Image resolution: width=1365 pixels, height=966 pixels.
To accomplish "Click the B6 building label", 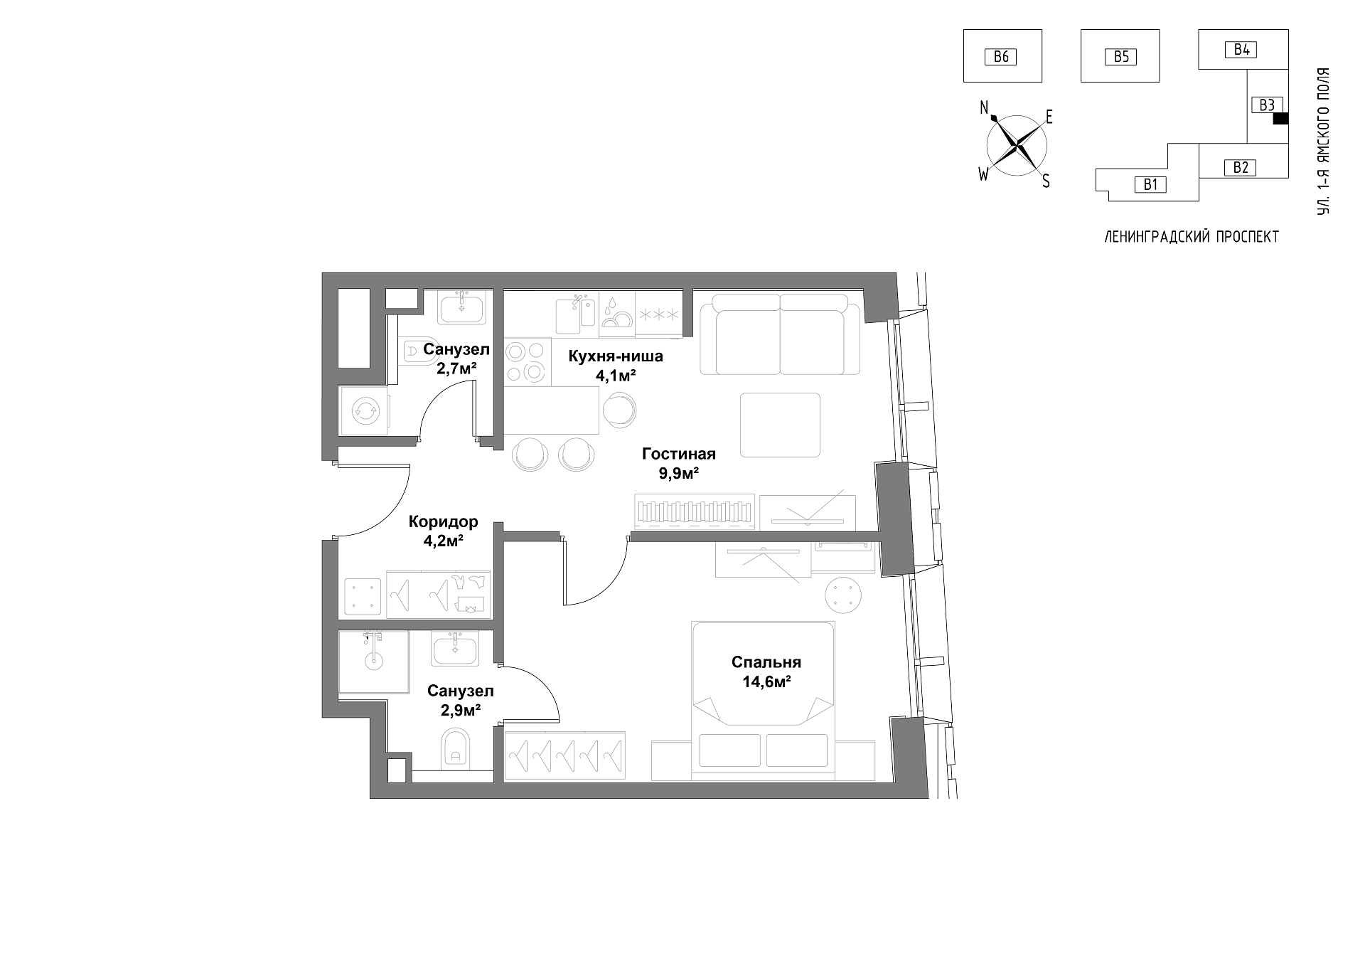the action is pos(1001,56).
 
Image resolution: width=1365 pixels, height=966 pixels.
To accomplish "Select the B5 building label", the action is pos(1121,56).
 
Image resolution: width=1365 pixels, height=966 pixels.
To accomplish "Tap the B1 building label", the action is pos(1151,185).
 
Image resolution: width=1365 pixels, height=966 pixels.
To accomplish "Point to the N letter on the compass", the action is pos(985,107).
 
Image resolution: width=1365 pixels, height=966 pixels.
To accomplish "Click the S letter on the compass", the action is pos(1046,181).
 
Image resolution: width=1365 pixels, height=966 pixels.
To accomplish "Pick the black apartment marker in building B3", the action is pos(1280,120).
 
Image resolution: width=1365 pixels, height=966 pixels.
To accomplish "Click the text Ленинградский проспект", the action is pos(1192,238).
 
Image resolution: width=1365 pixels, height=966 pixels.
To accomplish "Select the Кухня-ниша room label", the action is pos(616,356).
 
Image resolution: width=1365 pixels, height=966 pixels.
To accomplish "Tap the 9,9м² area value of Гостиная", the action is pos(679,472).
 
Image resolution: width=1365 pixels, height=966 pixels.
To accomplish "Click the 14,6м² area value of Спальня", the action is pos(766,681).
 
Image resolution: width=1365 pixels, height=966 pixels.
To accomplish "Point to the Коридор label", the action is pos(443,522).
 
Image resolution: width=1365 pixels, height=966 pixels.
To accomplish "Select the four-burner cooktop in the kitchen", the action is pos(527,362).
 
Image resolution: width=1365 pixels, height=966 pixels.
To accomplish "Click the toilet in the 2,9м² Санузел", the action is pos(456,747).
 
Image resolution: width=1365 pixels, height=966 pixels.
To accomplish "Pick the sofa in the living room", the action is pos(781,334).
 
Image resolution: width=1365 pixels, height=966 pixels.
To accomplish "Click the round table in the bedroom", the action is pos(844,594).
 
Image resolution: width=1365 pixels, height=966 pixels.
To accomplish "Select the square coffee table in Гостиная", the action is pos(781,425).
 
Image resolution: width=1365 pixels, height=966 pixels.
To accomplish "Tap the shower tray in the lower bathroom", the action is pos(374,662).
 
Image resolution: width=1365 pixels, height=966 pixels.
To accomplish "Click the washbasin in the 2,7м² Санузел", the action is pos(462,308).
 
